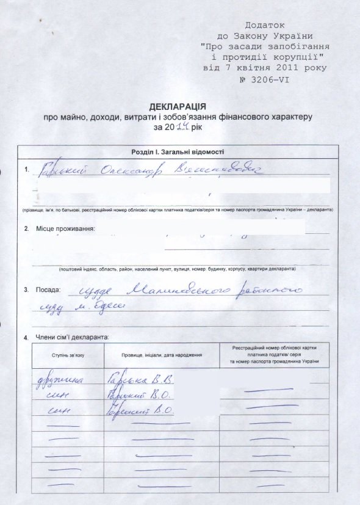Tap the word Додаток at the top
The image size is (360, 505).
pyautogui.click(x=264, y=26)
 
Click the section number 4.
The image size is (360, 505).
pyautogui.click(x=25, y=337)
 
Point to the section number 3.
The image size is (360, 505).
pyautogui.click(x=26, y=288)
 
